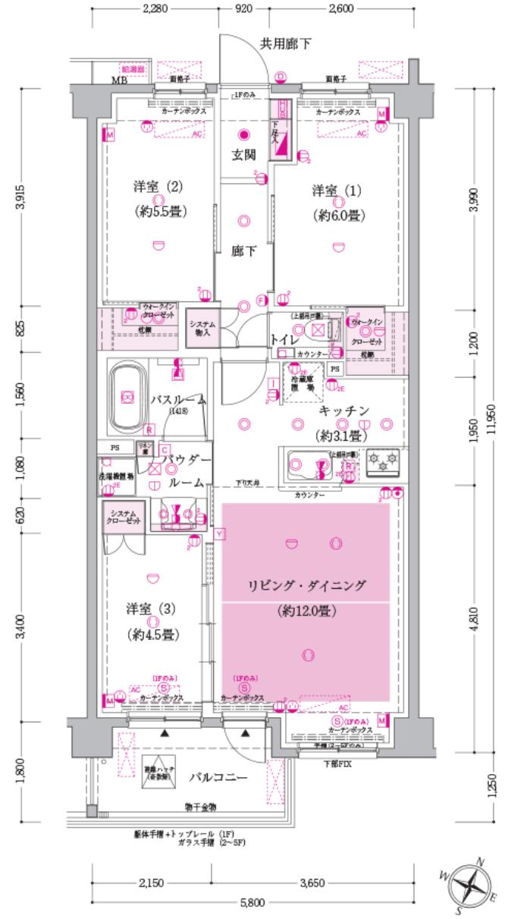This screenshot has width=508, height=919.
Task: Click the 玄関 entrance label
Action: tap(243, 155)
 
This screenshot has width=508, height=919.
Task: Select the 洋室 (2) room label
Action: tap(144, 187)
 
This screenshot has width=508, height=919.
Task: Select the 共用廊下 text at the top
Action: tap(286, 43)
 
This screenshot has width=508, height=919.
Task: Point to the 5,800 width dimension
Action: tap(252, 902)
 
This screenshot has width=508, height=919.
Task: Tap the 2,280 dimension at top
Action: tap(155, 9)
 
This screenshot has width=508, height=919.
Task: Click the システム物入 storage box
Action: tap(202, 329)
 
